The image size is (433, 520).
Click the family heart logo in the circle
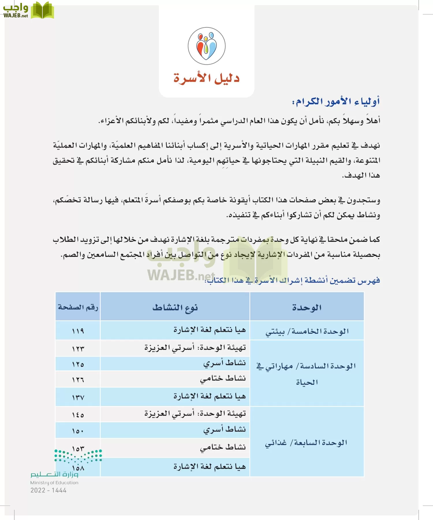click(x=206, y=46)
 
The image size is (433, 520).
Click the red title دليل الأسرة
click(x=206, y=78)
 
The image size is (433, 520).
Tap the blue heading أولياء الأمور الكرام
click(x=336, y=102)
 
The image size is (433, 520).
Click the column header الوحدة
click(x=307, y=307)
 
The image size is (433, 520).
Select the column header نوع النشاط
click(x=175, y=307)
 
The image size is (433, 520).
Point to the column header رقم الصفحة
click(x=78, y=307)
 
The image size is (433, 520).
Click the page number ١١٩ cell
click(x=78, y=331)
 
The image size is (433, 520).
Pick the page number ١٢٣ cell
click(x=78, y=349)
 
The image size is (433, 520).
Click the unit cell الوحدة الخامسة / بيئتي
click(x=307, y=331)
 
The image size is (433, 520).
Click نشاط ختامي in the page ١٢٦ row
click(x=223, y=378)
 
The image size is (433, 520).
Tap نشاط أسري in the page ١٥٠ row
click(x=224, y=430)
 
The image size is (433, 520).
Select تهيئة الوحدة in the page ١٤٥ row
click(x=195, y=414)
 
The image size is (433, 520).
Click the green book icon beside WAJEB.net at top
click(x=42, y=10)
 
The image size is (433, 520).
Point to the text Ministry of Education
click(x=54, y=482)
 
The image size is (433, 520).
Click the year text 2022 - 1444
click(x=48, y=490)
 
